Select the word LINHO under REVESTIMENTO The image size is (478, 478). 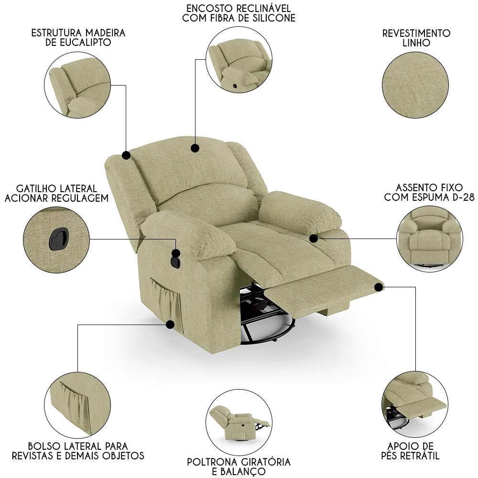coord(416,43)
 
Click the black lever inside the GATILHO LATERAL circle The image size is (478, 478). coord(57,239)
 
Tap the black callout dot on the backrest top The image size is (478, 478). coord(195,148)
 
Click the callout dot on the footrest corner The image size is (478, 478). coord(379,287)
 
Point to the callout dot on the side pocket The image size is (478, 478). coord(171,325)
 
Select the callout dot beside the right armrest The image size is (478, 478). coord(314,239)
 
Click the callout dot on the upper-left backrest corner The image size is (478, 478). coord(126,155)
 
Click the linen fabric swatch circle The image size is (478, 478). coord(415,86)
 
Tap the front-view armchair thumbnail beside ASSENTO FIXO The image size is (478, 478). coord(430,239)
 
